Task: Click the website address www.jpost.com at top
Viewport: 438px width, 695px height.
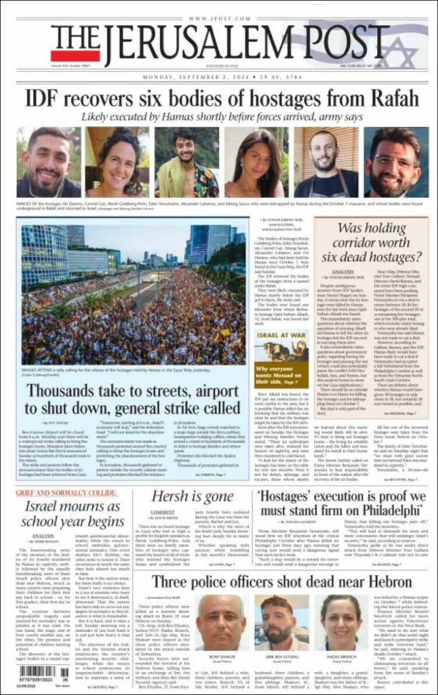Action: coord(219,19)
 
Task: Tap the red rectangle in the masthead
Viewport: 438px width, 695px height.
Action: coord(67,56)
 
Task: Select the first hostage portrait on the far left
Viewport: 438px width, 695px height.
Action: coord(48,162)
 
